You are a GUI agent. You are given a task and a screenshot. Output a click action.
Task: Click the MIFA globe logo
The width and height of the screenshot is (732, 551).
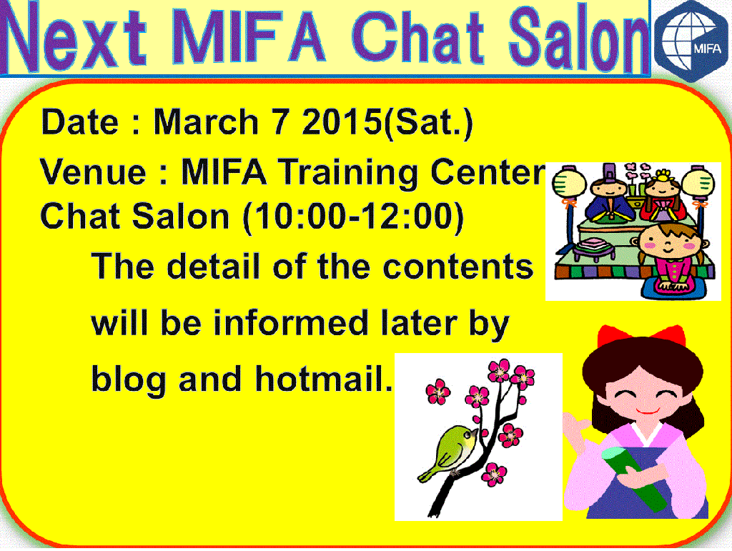692,41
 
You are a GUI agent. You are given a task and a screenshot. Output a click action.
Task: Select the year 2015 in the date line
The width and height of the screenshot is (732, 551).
342,121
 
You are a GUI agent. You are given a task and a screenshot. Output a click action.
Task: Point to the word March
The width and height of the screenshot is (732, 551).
206,121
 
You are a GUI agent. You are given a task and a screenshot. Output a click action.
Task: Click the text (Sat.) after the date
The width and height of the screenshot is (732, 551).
428,123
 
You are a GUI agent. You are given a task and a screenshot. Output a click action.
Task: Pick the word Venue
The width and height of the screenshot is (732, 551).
94,172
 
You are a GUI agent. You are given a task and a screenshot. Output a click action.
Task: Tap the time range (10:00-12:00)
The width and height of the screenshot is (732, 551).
353,217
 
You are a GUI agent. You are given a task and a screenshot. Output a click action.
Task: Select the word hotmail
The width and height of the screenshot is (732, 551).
324,378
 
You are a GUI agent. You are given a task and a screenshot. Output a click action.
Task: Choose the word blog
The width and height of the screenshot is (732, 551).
129,380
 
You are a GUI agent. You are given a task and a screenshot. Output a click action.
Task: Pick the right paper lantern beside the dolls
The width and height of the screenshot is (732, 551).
698,182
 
